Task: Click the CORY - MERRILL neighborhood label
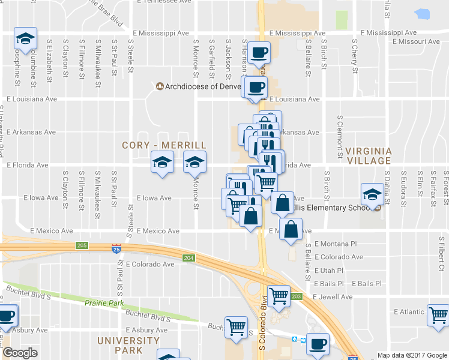click(x=164, y=145)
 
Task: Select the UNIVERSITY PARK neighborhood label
click(x=129, y=345)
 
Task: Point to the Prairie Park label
click(x=104, y=304)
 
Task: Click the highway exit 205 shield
click(x=82, y=245)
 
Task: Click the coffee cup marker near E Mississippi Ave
click(x=259, y=53)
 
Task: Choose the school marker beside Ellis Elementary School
click(x=372, y=194)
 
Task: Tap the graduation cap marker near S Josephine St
click(x=26, y=39)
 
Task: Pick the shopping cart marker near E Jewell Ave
click(x=279, y=296)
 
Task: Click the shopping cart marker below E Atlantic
click(x=438, y=314)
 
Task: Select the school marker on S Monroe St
click(x=194, y=163)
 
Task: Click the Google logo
click(x=20, y=353)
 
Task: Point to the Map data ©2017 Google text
click(x=411, y=355)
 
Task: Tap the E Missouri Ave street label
click(x=416, y=42)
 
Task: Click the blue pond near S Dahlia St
click(x=422, y=13)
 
